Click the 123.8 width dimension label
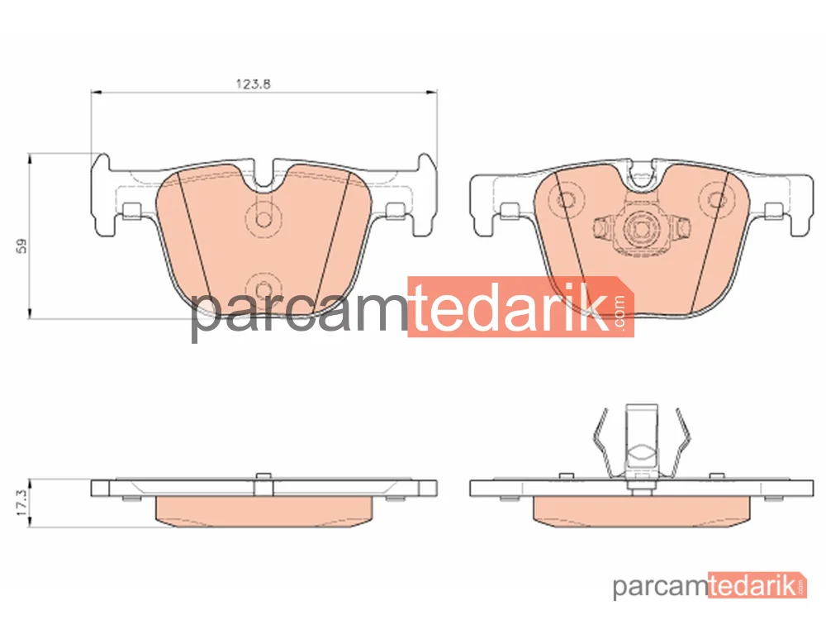[253, 83]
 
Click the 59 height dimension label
[21, 246]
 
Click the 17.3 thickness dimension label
[21, 503]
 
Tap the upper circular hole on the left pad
[263, 219]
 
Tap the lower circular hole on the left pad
[263, 289]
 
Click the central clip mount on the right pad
[642, 228]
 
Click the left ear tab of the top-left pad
[103, 195]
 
